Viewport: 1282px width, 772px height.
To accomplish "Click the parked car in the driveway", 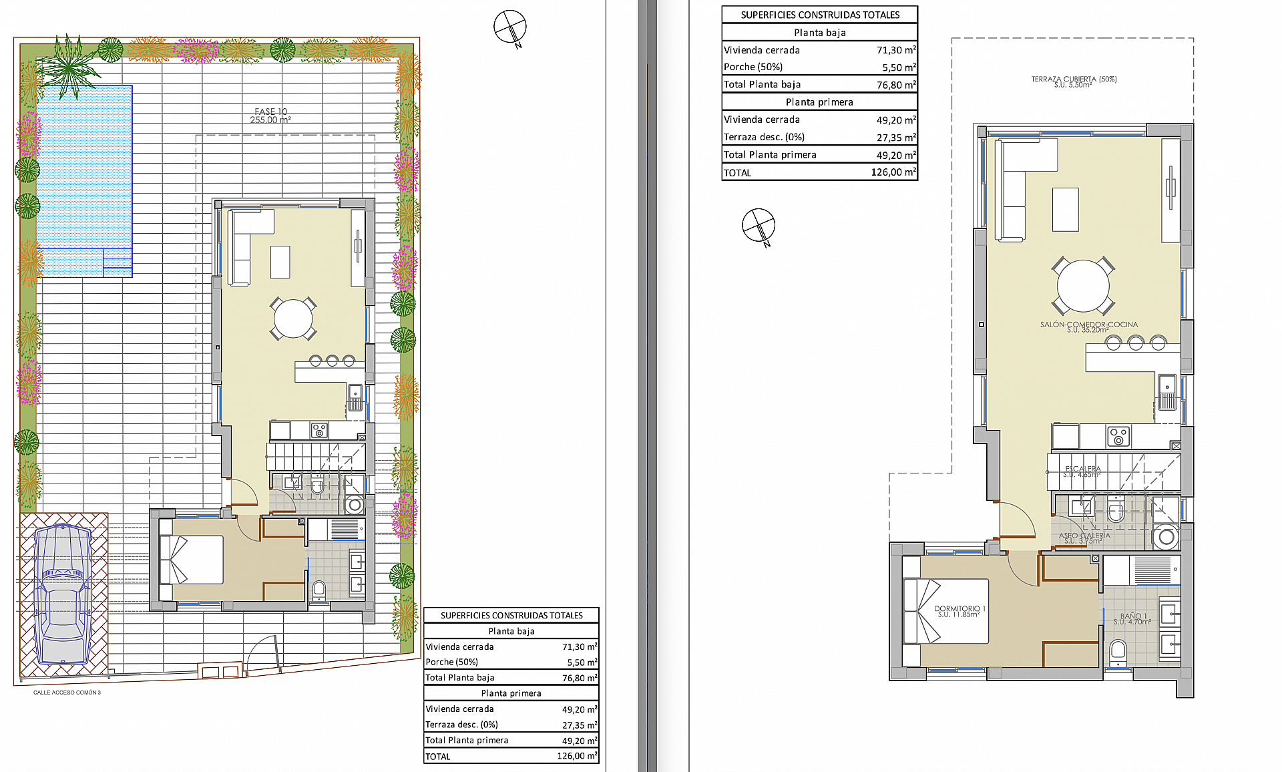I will pos(63,592).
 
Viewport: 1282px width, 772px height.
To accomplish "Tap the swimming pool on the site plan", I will pos(83,180).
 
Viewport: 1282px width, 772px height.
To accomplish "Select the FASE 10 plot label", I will pos(270,116).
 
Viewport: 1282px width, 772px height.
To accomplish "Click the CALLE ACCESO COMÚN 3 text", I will pos(67,693).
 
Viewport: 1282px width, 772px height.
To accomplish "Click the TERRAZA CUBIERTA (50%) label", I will pos(1074,81).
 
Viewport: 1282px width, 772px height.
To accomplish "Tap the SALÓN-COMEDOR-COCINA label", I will pos(1088,326).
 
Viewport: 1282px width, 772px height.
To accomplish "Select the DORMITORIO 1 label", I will pos(959,610).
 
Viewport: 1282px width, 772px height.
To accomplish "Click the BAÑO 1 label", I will pos(1132,618).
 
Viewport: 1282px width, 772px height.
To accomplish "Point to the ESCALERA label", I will pos(1082,471).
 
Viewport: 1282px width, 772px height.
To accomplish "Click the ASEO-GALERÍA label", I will pos(1084,537).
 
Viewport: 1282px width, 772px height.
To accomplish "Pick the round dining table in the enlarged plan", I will pos(1082,286).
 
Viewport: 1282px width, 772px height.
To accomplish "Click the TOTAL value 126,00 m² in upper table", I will pos(893,172).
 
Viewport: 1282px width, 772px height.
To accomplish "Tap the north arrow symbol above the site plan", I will pos(510,27).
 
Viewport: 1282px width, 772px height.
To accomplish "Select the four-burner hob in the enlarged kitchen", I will pos(1118,436).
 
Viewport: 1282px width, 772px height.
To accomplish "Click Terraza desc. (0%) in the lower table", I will pos(461,725).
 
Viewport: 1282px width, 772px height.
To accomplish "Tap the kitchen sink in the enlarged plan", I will pos(1166,392).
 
